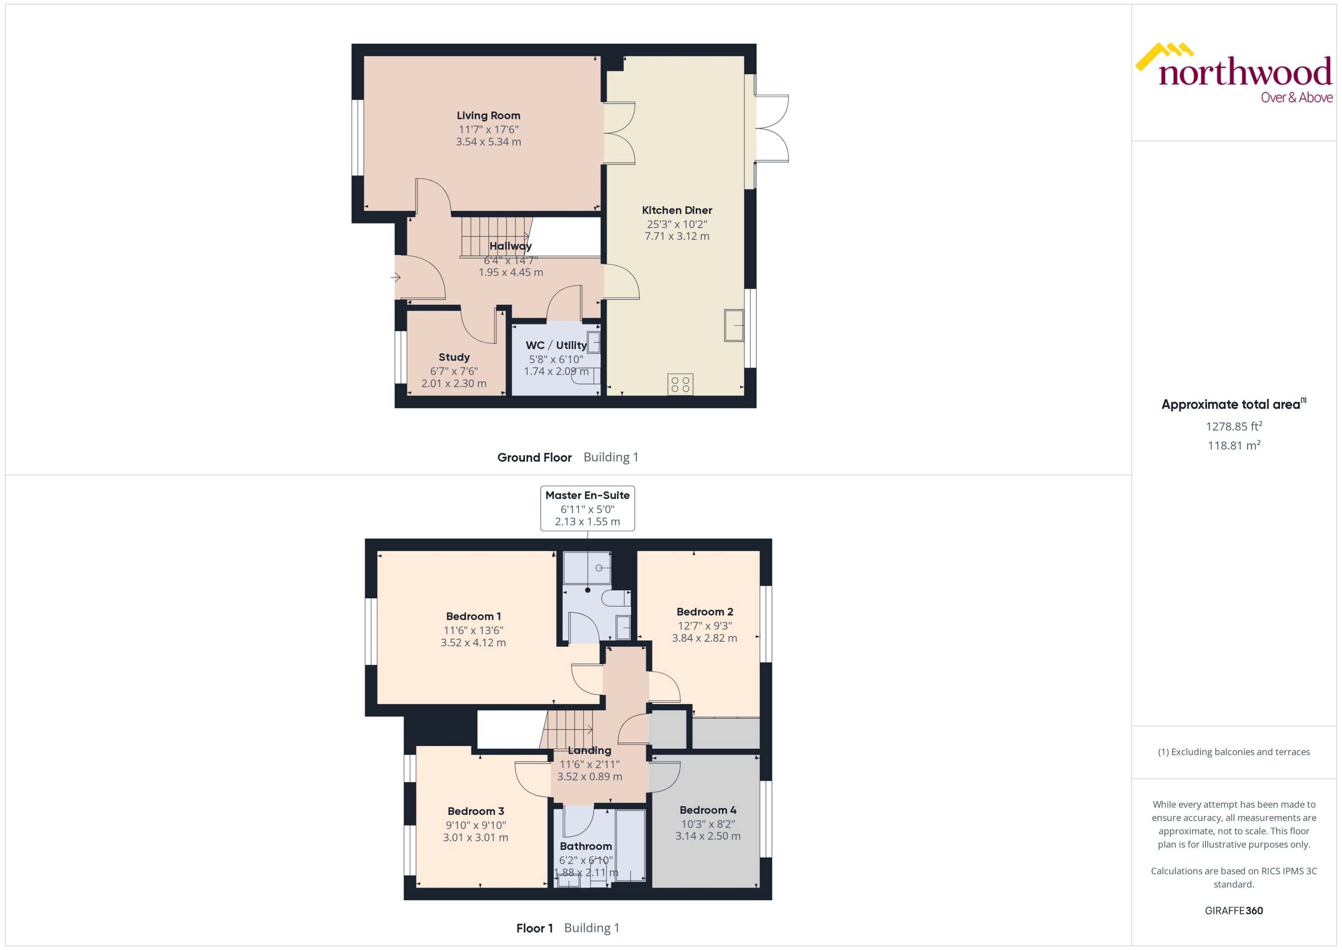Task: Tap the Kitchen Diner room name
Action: coord(676,211)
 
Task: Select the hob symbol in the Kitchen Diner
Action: coord(680,384)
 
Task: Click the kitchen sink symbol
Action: coord(734,325)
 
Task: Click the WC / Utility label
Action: coord(556,346)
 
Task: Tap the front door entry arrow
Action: coord(396,277)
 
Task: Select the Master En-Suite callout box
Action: coord(587,508)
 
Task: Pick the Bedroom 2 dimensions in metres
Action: coord(704,638)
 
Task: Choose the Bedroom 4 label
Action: coord(707,810)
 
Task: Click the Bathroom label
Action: coord(585,846)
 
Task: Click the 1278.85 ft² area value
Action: coord(1234,426)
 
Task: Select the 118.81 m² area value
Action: coord(1234,446)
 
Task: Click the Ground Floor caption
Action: coord(534,458)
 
